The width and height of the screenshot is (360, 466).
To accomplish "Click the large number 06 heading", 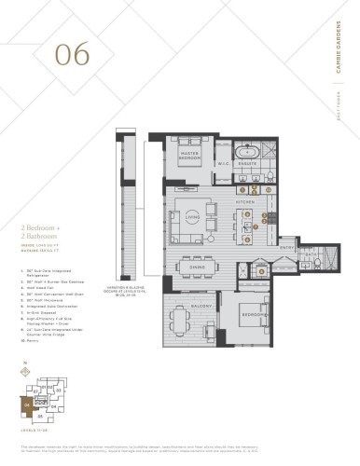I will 72,53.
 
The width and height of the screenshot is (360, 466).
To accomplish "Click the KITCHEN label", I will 245,201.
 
